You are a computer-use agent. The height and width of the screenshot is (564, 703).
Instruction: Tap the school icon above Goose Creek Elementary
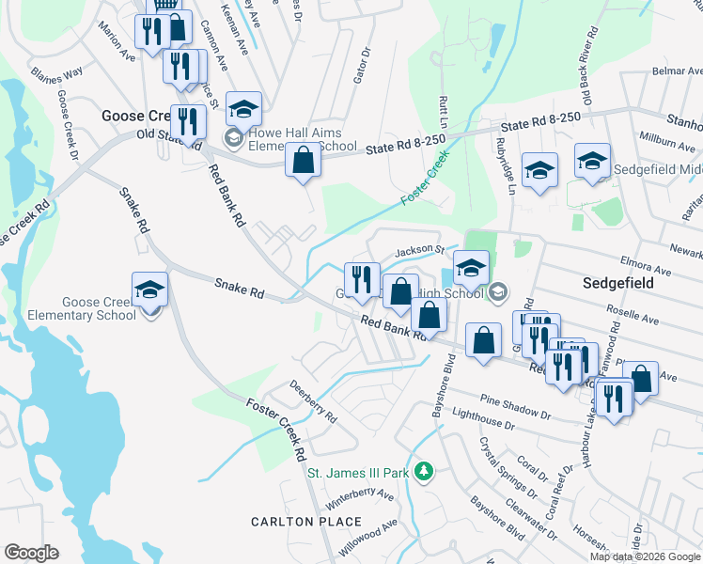pyautogui.click(x=149, y=290)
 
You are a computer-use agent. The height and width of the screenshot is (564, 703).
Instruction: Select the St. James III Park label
pyautogui.click(x=359, y=472)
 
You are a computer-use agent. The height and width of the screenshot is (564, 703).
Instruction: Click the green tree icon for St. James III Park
pyautogui.click(x=425, y=470)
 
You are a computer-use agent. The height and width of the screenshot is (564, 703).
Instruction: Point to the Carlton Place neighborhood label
pyautogui.click(x=305, y=522)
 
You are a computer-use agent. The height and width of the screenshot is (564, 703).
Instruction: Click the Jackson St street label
pyautogui.click(x=419, y=251)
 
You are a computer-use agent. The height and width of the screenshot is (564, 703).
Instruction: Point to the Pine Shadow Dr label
pyautogui.click(x=515, y=406)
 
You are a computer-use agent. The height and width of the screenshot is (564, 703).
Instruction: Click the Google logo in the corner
pyautogui.click(x=31, y=553)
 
